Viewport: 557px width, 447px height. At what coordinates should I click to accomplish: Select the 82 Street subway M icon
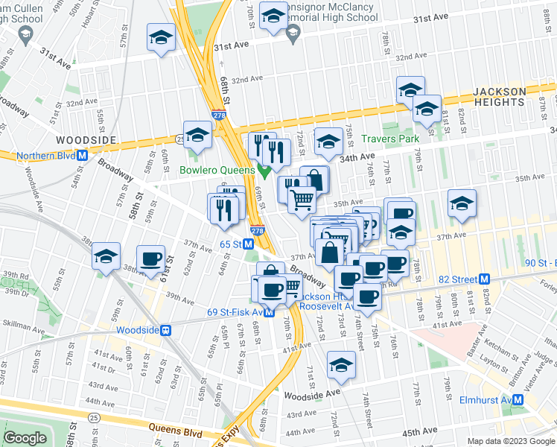click(x=485, y=279)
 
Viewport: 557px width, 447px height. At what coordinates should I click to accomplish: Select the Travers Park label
click(x=390, y=139)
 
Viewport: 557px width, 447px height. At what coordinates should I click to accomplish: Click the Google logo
click(x=25, y=439)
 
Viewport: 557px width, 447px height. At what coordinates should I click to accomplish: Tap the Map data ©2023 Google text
click(x=509, y=441)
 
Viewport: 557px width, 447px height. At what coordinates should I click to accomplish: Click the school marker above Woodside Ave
click(x=341, y=364)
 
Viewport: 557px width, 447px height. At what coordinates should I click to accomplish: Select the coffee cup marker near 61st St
click(x=151, y=258)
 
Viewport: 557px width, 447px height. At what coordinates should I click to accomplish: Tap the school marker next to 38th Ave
click(x=106, y=258)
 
